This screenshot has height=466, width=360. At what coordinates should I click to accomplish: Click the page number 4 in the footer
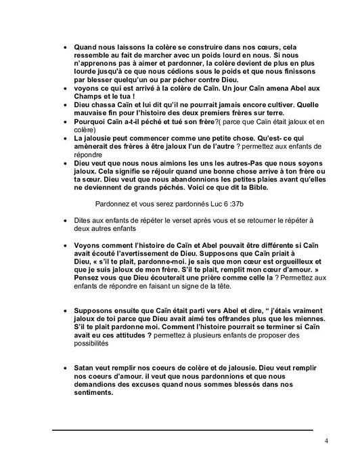[326, 442]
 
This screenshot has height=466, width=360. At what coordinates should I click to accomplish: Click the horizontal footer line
[183, 429]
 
